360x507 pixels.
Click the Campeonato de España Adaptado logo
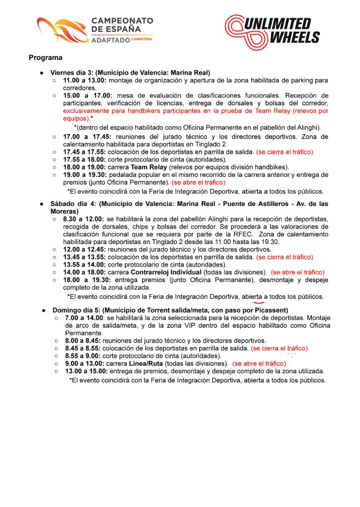coord(95,31)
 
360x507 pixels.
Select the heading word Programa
coord(46,58)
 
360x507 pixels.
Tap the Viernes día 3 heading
coord(130,72)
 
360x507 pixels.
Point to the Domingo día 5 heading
coord(170,310)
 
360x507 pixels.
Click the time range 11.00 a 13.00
coord(85,80)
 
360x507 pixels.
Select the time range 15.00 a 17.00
coord(87,95)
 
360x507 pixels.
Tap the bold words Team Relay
coord(149,167)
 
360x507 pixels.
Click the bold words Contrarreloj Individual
coord(173,272)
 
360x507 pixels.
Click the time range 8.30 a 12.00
coord(83,219)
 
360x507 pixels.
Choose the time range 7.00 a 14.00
coord(84,317)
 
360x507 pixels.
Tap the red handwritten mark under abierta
coord(257,302)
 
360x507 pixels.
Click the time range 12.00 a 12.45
coord(85,250)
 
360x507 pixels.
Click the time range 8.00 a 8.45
coord(82,341)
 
